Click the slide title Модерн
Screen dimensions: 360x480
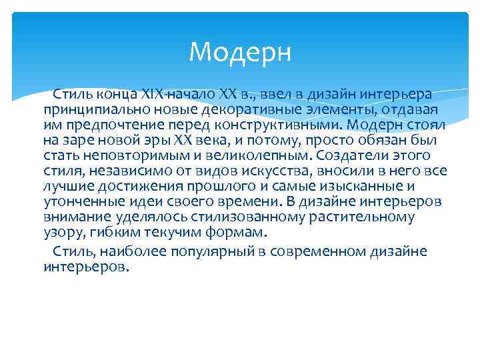click(x=240, y=51)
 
